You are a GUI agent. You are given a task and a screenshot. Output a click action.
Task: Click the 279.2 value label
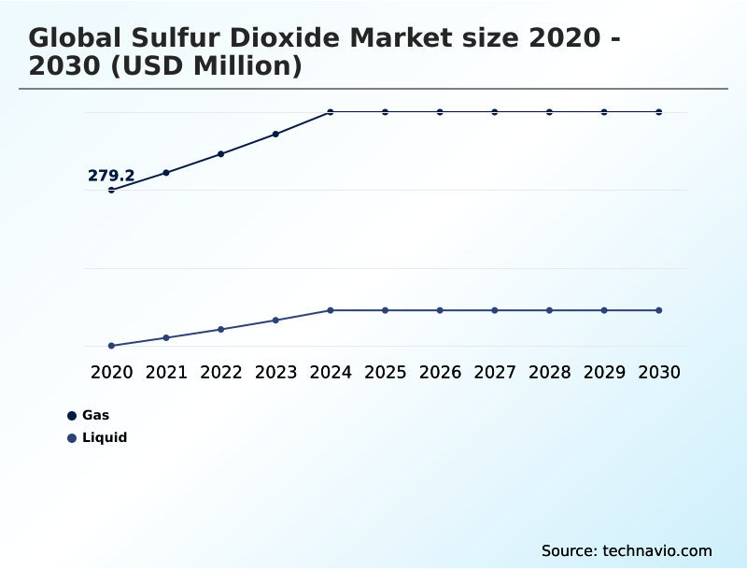(x=111, y=176)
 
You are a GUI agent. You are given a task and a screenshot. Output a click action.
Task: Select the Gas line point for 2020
(x=112, y=190)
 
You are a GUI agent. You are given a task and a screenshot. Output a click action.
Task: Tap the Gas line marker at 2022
(x=221, y=153)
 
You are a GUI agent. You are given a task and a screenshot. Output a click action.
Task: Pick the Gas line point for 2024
(x=331, y=112)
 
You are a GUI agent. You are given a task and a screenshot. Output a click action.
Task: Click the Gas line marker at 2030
(x=659, y=112)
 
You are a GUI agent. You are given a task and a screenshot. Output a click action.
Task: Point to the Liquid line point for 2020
(x=112, y=346)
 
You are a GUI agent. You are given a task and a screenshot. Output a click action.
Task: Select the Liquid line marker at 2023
(x=275, y=321)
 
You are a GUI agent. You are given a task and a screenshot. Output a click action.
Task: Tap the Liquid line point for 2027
(x=495, y=310)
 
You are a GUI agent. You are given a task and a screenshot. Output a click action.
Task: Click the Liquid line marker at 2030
(x=659, y=310)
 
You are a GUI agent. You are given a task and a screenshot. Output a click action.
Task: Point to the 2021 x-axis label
(x=166, y=372)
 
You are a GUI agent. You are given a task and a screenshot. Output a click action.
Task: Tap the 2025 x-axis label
(x=385, y=372)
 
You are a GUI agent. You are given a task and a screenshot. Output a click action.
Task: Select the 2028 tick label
(x=549, y=372)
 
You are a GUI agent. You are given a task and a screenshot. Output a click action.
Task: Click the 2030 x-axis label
(x=659, y=372)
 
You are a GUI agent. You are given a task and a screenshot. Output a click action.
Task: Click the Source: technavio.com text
(x=627, y=550)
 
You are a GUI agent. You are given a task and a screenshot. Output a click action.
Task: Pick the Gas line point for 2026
(x=440, y=112)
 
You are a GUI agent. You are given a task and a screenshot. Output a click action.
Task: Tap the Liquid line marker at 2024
(x=331, y=310)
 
